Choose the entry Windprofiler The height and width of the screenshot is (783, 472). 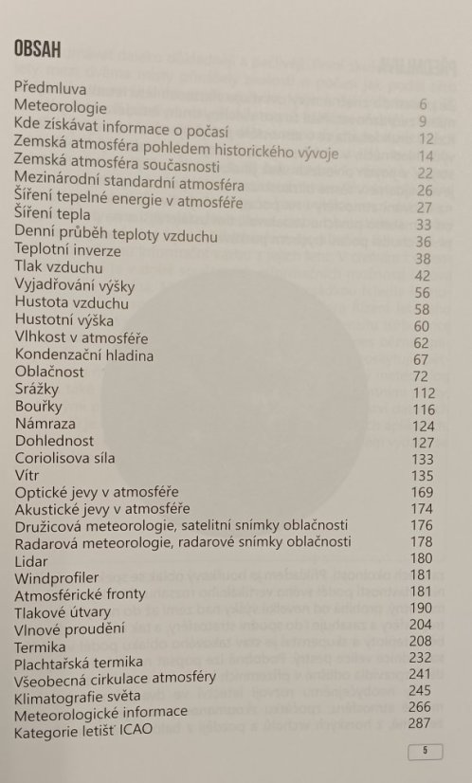[57, 577]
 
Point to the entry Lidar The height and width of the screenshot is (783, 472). [32, 560]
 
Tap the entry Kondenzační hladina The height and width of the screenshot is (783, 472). [84, 355]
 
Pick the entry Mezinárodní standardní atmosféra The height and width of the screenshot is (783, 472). [130, 185]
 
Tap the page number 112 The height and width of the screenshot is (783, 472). [423, 393]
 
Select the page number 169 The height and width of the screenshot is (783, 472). [422, 493]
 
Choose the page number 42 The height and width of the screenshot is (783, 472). [423, 276]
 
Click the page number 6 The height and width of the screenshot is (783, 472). [424, 104]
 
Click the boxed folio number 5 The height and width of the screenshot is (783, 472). [426, 752]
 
